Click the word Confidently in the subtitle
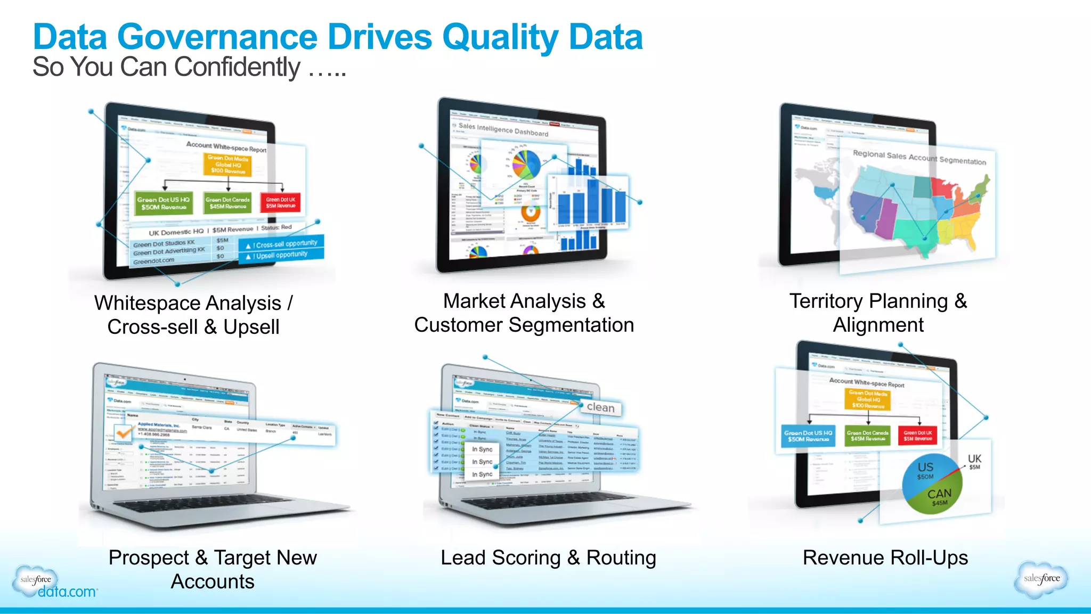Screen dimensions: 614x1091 point(237,68)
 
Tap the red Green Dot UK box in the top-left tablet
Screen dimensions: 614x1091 point(281,202)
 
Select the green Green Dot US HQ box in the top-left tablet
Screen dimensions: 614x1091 point(163,203)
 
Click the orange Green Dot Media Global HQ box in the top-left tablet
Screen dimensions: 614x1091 point(228,165)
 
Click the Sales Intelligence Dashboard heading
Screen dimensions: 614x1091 point(503,129)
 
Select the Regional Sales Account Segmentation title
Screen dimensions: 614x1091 point(919,157)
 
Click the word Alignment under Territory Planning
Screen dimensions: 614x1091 point(878,325)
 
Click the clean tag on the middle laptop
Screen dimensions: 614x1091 point(600,407)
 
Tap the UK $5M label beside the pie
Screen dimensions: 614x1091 point(974,461)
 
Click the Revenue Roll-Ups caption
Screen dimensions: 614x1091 point(885,558)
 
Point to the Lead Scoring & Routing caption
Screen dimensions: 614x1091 point(548,558)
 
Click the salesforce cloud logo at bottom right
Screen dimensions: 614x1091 point(1041,579)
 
